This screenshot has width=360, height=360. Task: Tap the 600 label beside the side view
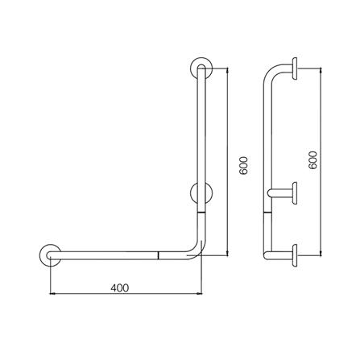pos(313,159)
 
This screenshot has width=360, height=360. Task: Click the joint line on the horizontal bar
pos(159,255)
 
